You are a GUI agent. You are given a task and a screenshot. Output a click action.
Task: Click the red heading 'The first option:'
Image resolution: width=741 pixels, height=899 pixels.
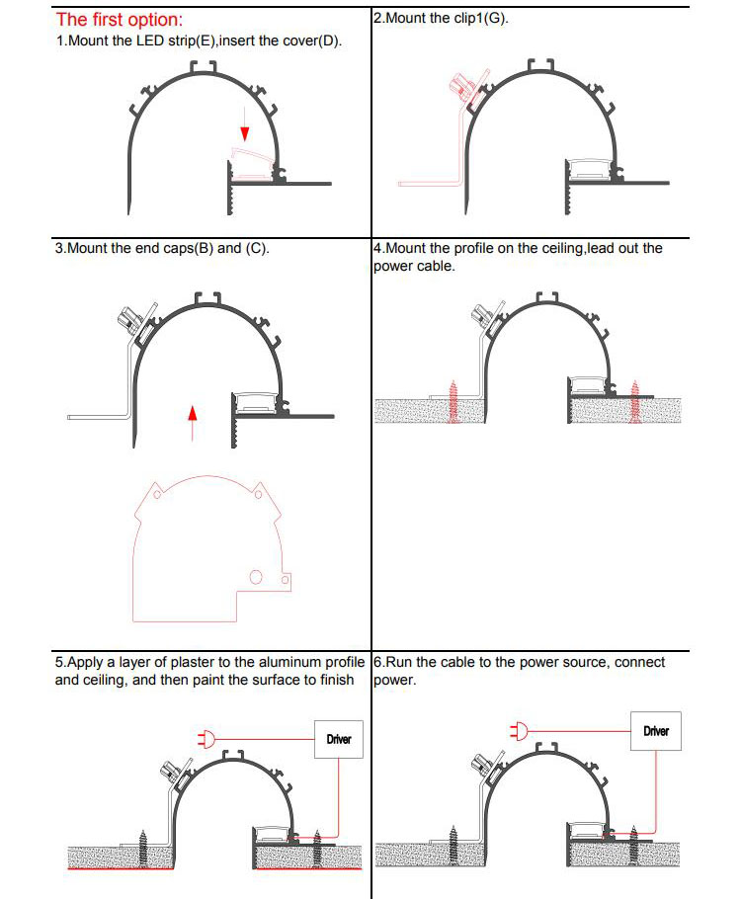click(119, 19)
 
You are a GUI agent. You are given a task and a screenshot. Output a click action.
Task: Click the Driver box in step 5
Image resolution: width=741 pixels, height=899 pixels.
click(338, 739)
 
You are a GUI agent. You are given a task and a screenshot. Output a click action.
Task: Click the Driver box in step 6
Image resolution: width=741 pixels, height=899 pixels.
click(656, 731)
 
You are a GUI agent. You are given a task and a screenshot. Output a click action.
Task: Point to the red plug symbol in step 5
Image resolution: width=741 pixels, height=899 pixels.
click(207, 737)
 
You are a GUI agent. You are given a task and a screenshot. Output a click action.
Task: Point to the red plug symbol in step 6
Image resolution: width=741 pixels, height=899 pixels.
click(520, 731)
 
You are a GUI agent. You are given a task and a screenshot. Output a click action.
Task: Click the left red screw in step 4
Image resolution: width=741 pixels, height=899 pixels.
click(455, 401)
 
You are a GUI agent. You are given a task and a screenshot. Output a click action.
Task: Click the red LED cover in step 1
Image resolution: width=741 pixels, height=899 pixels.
click(252, 158)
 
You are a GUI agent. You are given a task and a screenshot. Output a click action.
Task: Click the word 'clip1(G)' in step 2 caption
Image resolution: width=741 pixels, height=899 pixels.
click(481, 19)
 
